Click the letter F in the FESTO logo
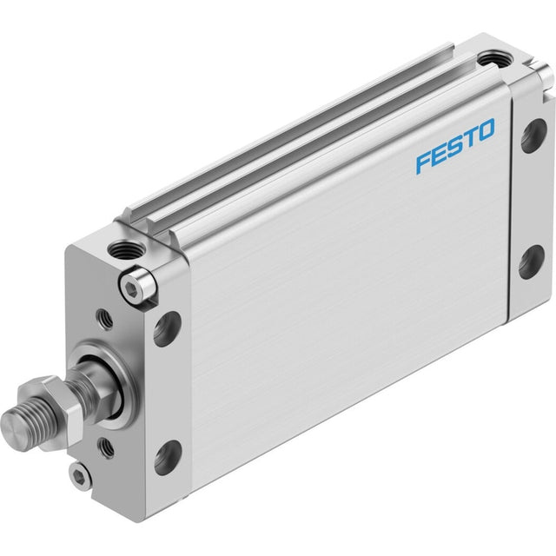click(x=424, y=162)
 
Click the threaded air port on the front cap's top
click(x=125, y=249)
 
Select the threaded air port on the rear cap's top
click(x=494, y=59)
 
